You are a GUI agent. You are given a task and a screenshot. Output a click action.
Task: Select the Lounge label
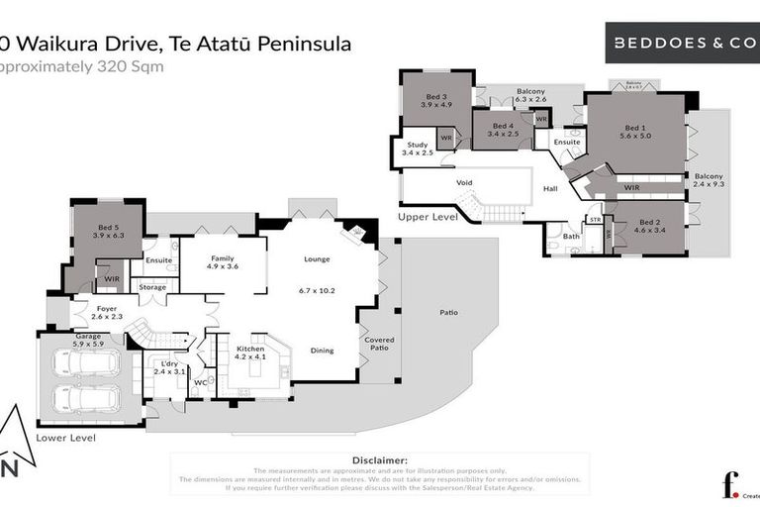[x=317, y=259]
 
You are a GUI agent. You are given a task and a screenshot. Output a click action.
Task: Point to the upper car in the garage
[x=86, y=363]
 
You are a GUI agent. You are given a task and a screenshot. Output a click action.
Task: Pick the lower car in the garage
[x=86, y=398]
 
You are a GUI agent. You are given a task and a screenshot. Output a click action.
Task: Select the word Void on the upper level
[x=464, y=183]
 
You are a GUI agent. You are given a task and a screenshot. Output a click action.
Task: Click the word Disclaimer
[x=379, y=460]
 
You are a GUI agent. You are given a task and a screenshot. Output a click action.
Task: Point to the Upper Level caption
[x=427, y=216]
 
